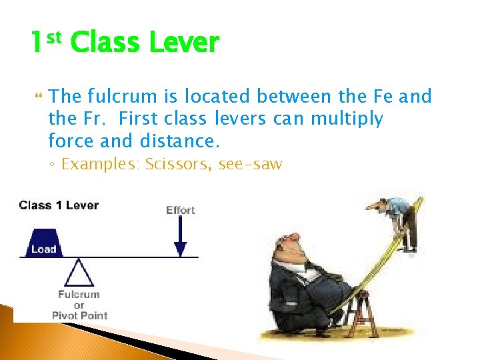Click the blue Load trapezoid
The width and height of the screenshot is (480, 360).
43,241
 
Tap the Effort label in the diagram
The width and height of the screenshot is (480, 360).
180,210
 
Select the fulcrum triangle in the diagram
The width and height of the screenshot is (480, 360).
79,273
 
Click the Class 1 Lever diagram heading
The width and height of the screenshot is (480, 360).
59,205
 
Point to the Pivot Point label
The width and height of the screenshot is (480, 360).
79,315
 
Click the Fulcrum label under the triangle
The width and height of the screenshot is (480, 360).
79,294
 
